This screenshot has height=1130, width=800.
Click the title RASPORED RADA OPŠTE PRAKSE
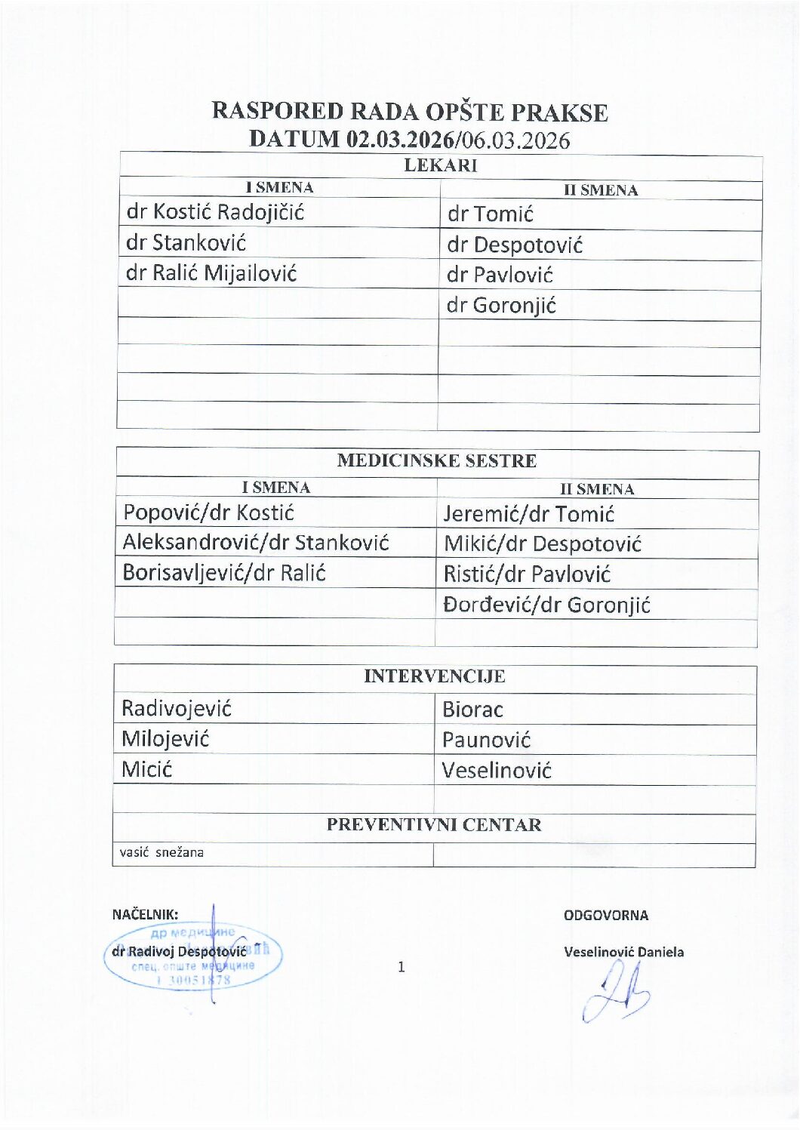pyautogui.click(x=409, y=112)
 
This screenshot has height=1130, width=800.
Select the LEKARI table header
pyautogui.click(x=440, y=166)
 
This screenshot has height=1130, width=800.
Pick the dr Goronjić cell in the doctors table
pyautogui.click(x=501, y=306)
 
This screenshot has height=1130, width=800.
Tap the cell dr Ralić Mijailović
pyautogui.click(x=211, y=273)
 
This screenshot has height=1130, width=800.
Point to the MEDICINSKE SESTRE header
pyautogui.click(x=436, y=460)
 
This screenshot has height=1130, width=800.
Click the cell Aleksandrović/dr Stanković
pyautogui.click(x=256, y=543)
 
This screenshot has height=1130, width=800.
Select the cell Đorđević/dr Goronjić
pyautogui.click(x=546, y=605)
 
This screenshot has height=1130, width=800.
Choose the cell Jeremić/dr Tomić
pyautogui.click(x=528, y=515)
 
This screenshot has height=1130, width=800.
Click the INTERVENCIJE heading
pyautogui.click(x=434, y=676)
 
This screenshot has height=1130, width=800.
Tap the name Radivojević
pyautogui.click(x=177, y=709)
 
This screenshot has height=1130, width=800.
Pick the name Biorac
pyautogui.click(x=472, y=710)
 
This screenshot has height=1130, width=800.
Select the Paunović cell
pyautogui.click(x=487, y=740)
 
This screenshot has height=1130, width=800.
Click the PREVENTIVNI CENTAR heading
pyautogui.click(x=434, y=825)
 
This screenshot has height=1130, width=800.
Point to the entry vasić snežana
pyautogui.click(x=162, y=853)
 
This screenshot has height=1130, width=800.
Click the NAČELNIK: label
pyautogui.click(x=145, y=915)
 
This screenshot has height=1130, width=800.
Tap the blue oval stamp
pyautogui.click(x=192, y=957)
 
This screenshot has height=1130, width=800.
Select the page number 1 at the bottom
pyautogui.click(x=401, y=967)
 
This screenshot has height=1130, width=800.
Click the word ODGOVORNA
pyautogui.click(x=605, y=916)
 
